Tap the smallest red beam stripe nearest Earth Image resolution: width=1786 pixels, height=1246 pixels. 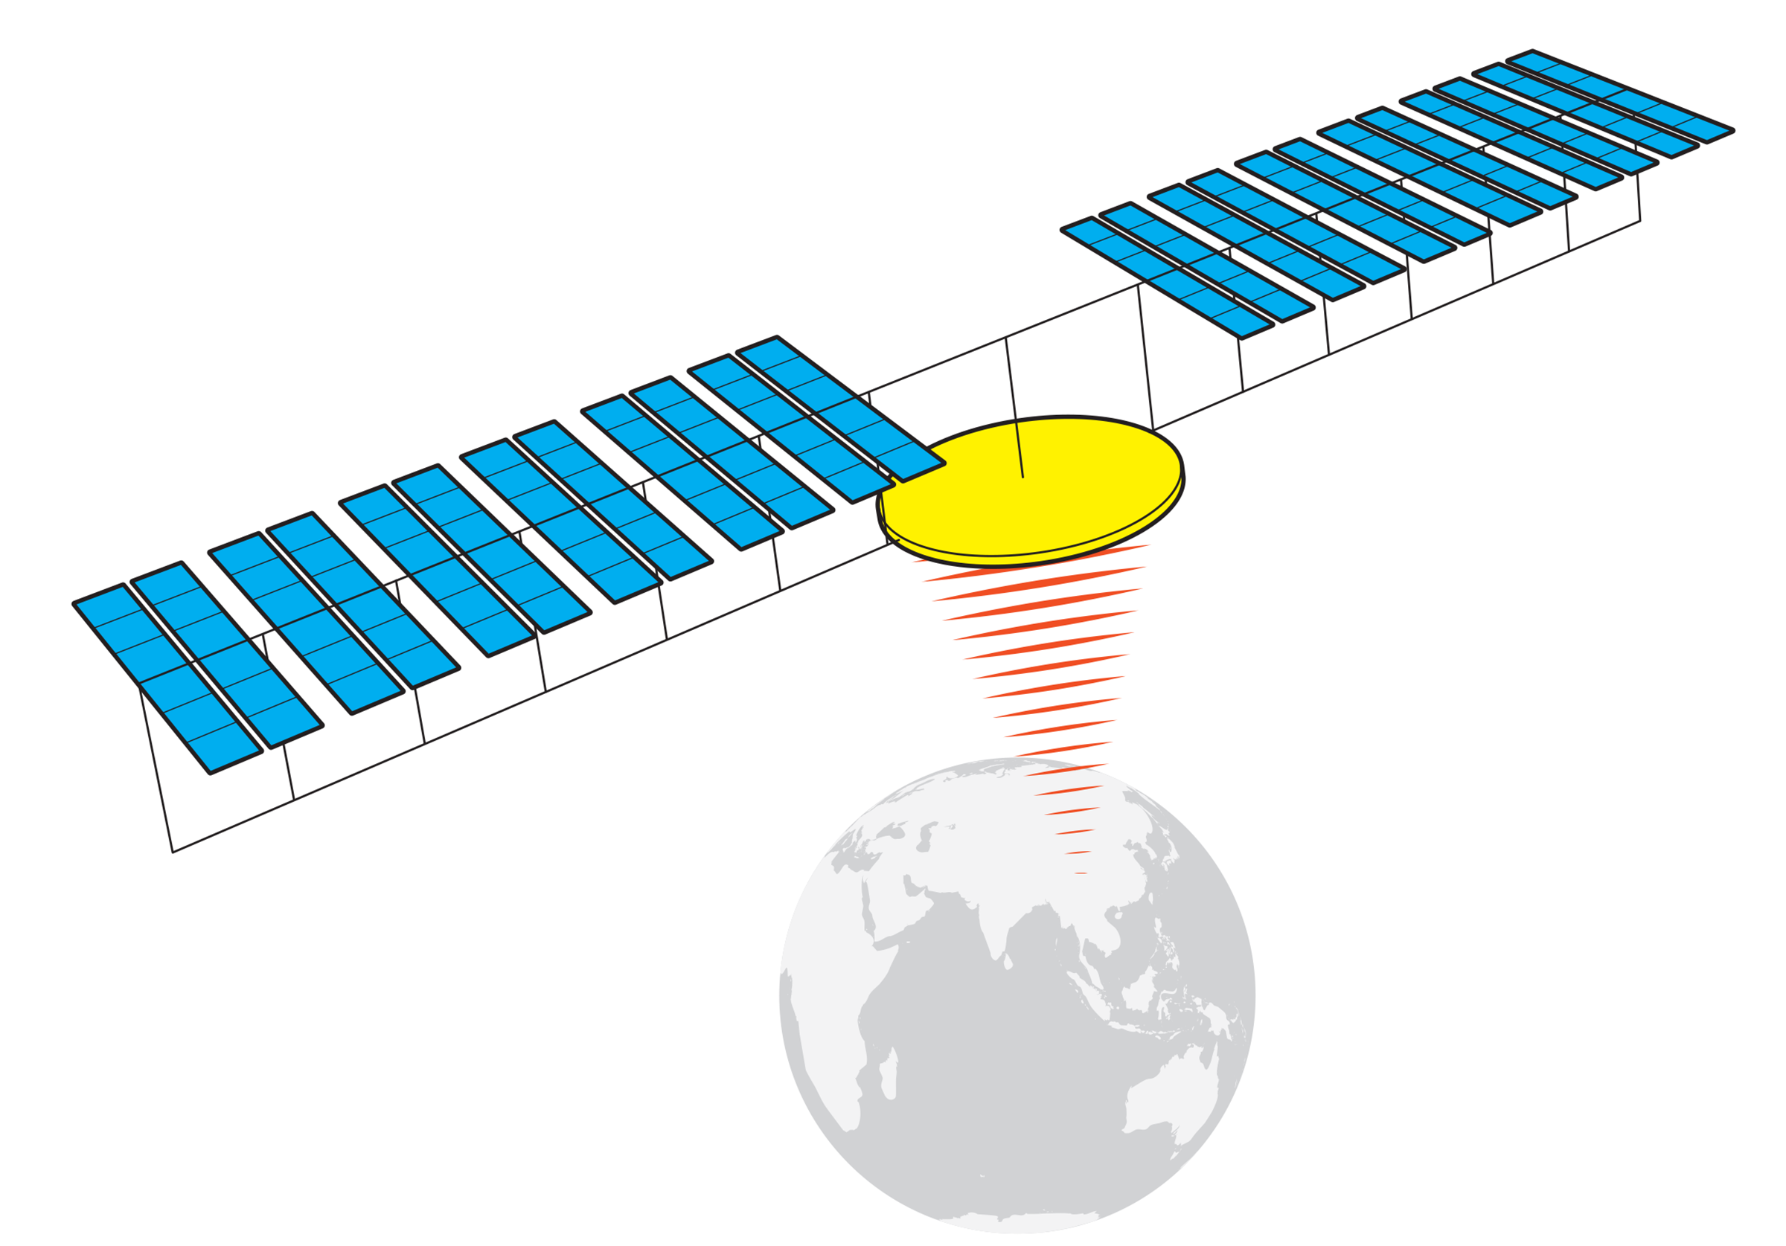(x=1081, y=873)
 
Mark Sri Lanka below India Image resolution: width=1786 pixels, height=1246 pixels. (x=1008, y=963)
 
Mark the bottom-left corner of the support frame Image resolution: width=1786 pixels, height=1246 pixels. (x=173, y=852)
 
